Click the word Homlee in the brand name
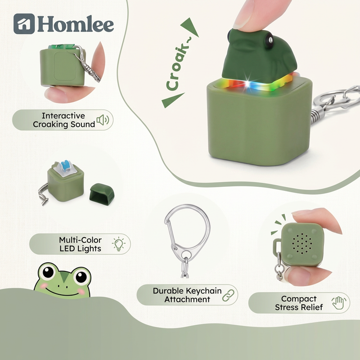(x=75, y=24)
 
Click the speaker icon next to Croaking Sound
(x=103, y=120)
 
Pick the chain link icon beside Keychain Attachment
(x=229, y=294)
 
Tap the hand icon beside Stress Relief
(x=337, y=303)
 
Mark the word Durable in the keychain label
(x=169, y=291)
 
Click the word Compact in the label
(x=299, y=299)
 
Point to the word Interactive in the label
(x=63, y=116)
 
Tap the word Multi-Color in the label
(x=80, y=240)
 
